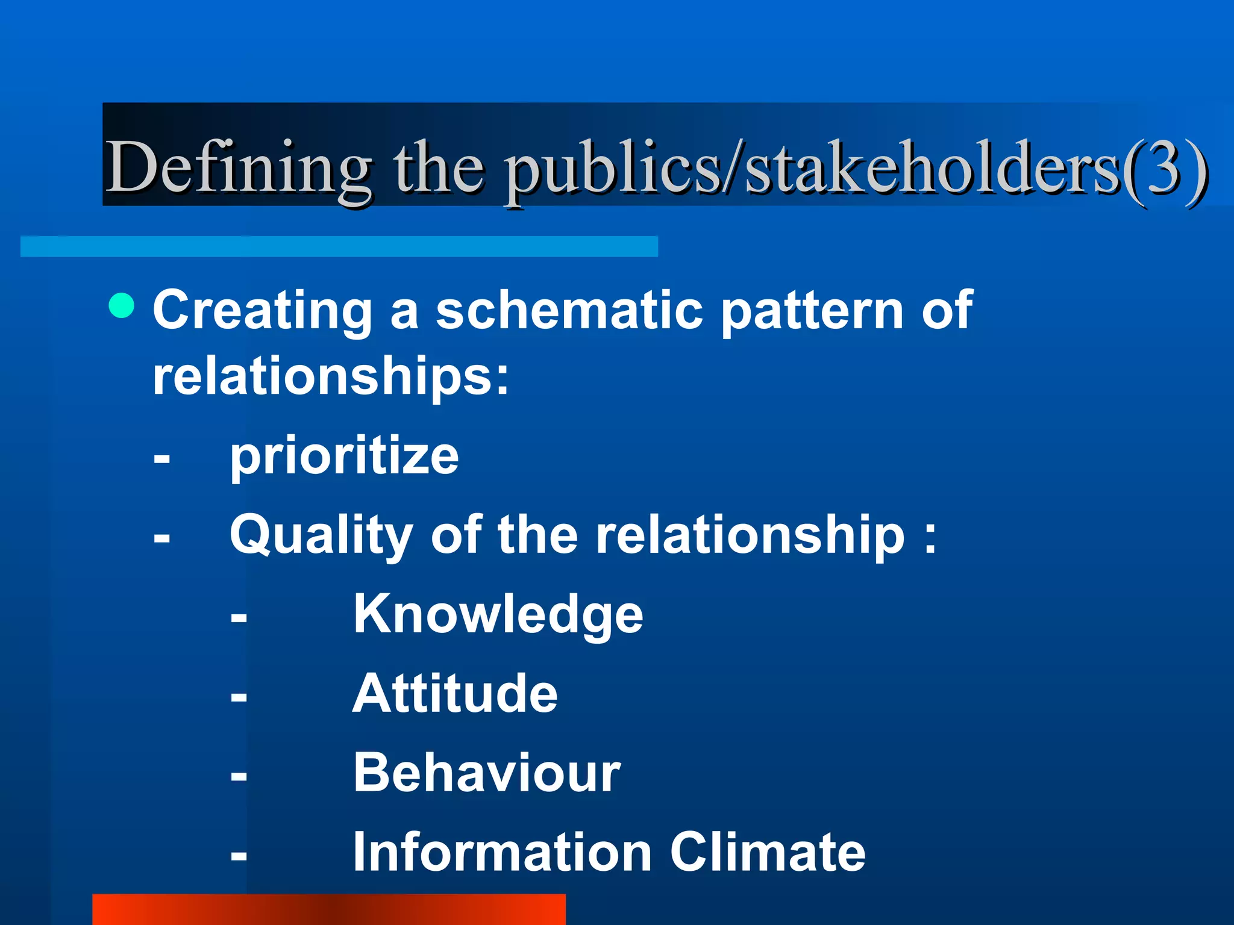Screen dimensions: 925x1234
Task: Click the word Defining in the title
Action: click(238, 167)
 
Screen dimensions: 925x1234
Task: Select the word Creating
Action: click(263, 311)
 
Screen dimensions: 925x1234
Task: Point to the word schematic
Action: click(569, 310)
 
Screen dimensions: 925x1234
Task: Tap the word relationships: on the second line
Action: click(331, 376)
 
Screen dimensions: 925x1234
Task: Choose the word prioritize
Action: click(344, 455)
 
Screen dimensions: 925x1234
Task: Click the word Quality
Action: click(321, 536)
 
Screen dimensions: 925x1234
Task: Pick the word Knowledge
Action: click(498, 614)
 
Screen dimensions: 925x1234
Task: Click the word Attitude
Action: click(455, 693)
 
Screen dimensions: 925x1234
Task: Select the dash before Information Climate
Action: click(239, 856)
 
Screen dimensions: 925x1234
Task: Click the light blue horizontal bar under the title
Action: click(339, 246)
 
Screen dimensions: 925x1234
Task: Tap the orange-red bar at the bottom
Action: click(328, 909)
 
